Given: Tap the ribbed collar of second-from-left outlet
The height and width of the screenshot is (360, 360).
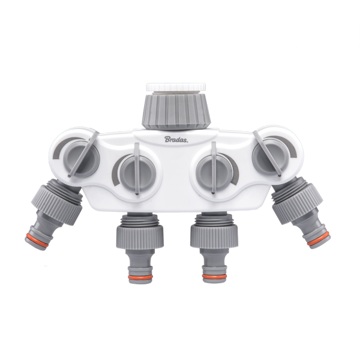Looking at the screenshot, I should click(x=139, y=234).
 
